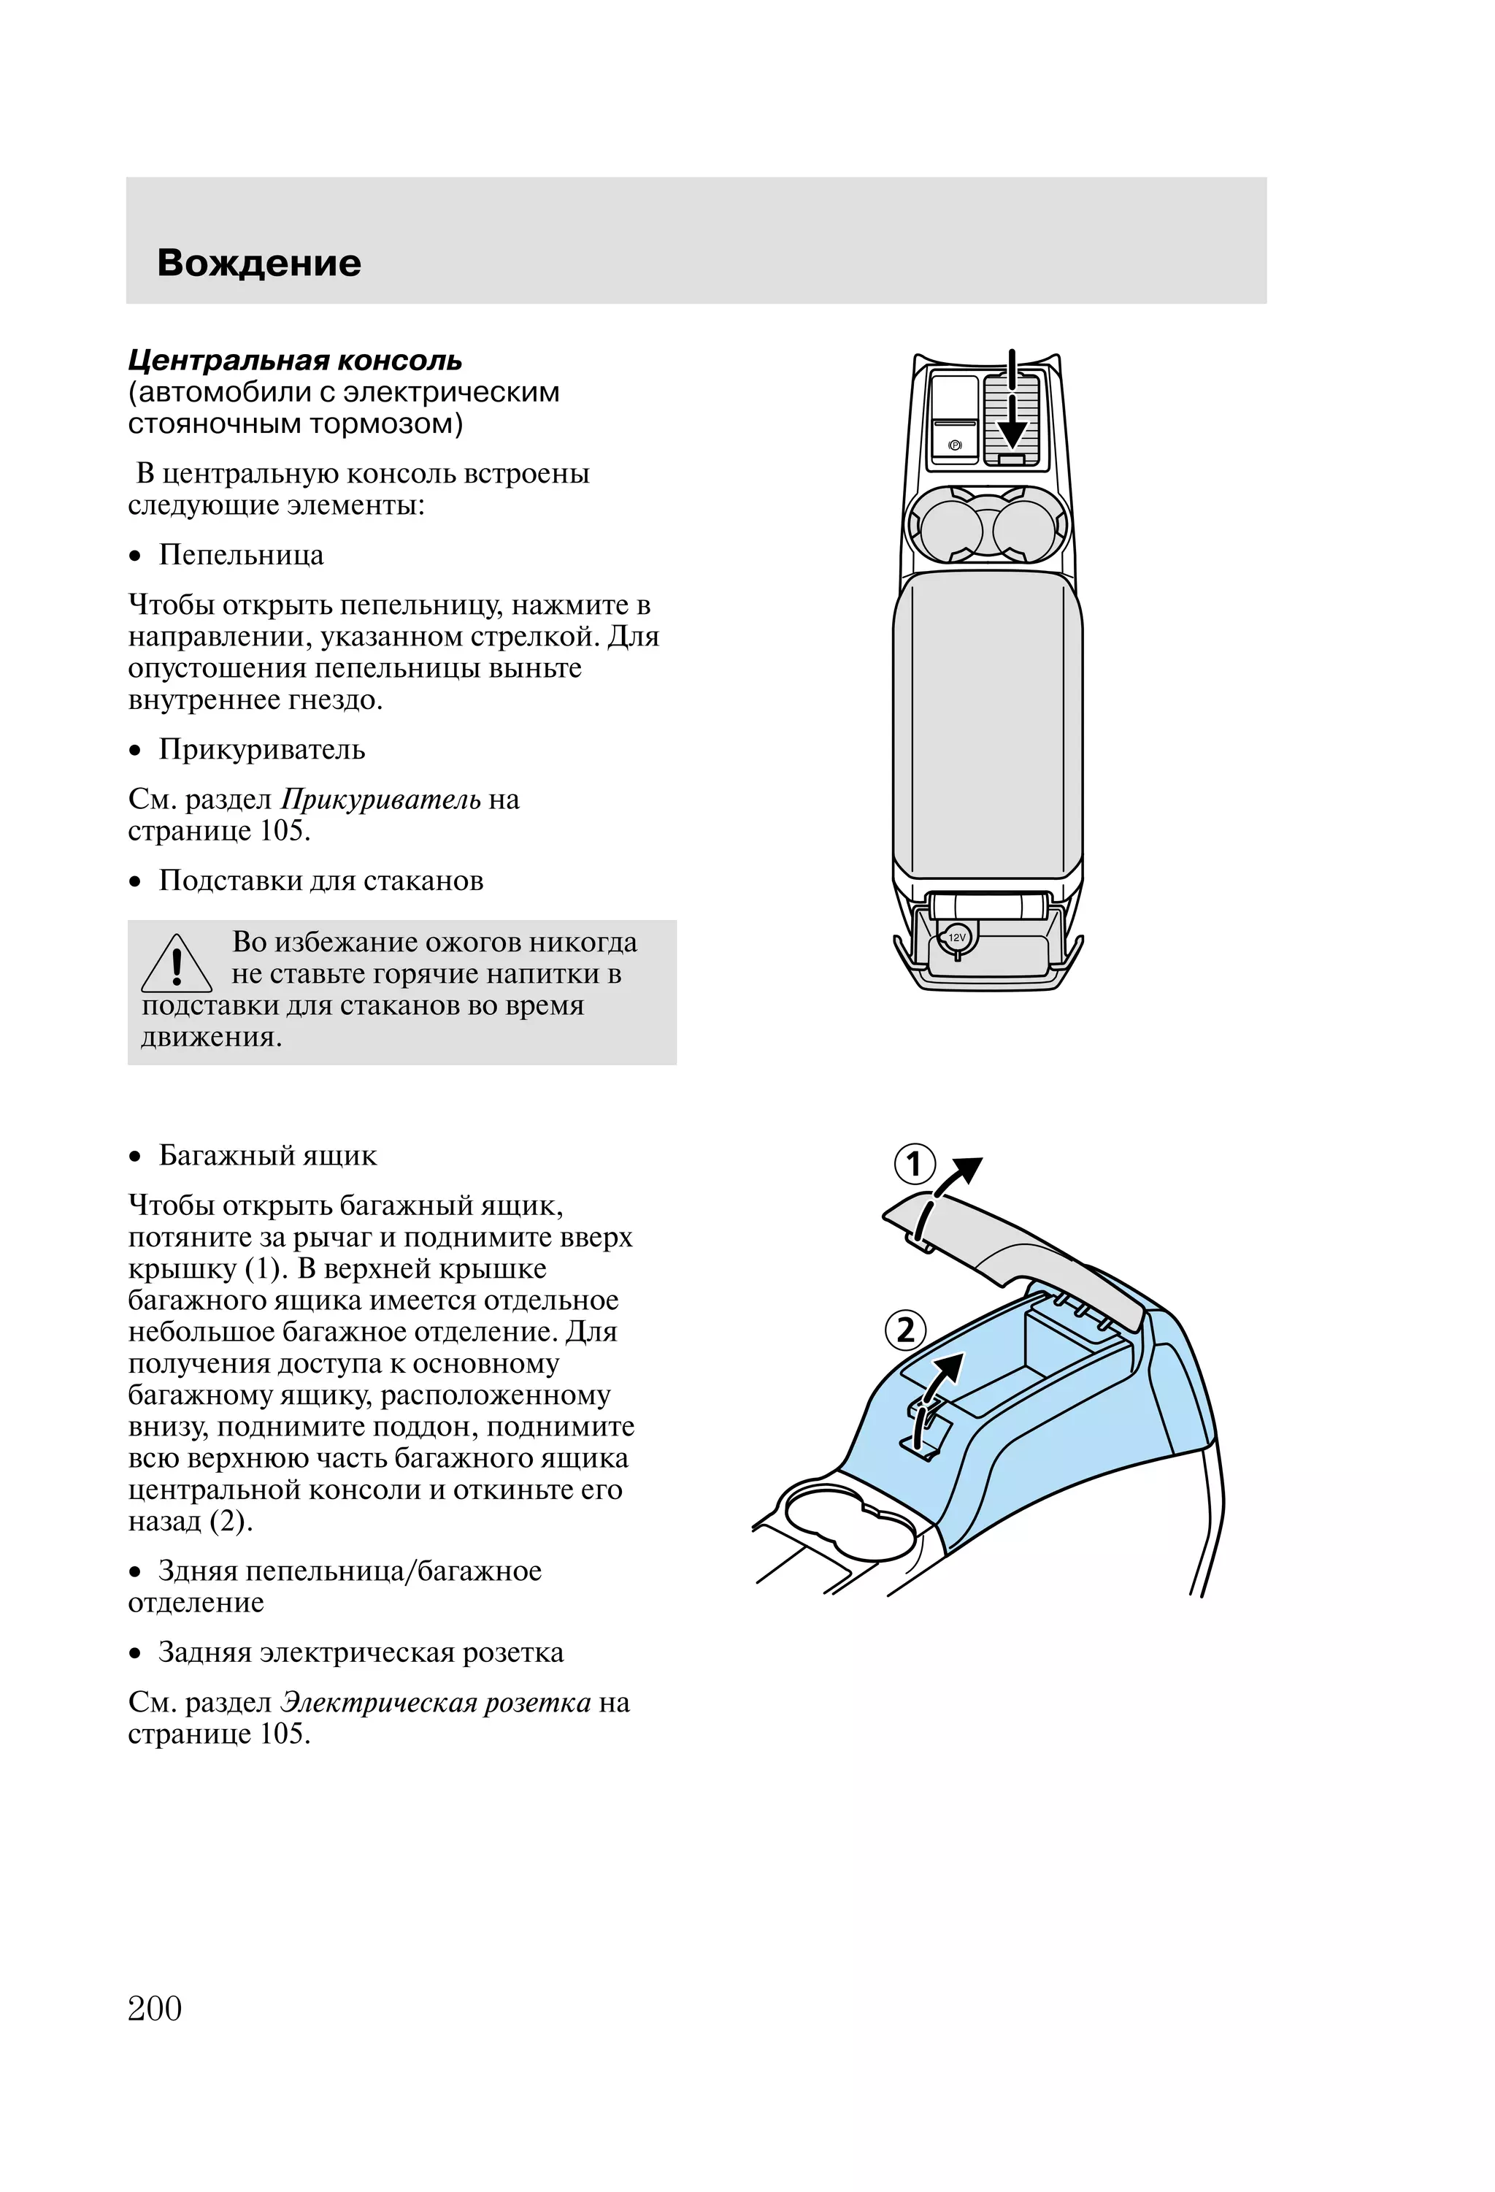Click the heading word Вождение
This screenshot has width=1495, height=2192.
258,263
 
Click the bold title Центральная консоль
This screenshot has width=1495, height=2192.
295,360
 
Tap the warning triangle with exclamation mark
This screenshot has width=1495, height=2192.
177,964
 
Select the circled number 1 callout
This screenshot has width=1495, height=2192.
914,1164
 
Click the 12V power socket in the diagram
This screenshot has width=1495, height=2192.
956,938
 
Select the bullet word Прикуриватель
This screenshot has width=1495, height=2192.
261,750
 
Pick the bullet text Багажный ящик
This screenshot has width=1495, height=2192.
267,1155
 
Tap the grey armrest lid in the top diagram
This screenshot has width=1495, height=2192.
988,727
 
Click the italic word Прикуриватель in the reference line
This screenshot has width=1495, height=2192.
380,800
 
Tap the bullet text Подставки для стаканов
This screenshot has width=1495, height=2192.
320,881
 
